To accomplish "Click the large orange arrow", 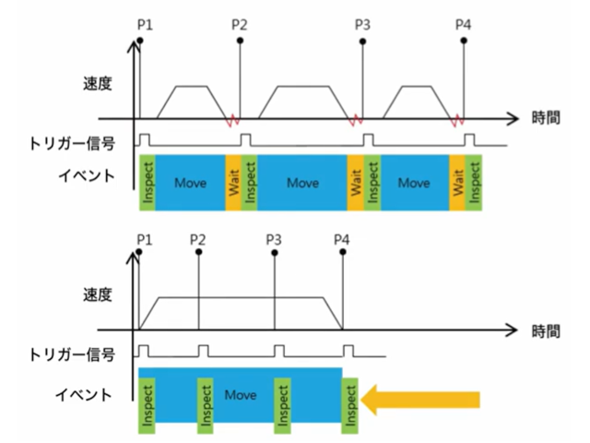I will click(422, 399).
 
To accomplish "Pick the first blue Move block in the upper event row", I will click(190, 182).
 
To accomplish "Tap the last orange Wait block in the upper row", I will click(457, 182).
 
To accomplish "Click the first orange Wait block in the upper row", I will click(232, 182).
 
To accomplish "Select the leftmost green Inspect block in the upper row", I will click(147, 182).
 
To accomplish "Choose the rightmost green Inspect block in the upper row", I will click(475, 182).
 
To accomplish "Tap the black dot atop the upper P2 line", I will click(240, 41).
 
